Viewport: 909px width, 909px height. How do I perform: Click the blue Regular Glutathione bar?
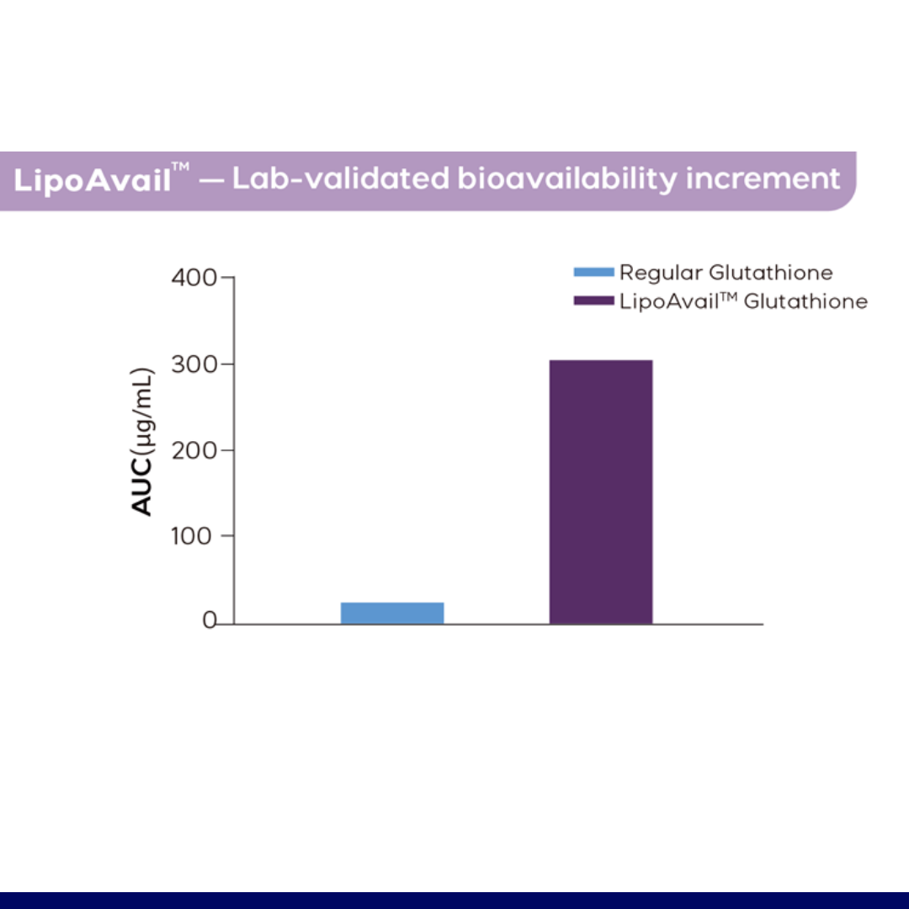click(x=392, y=614)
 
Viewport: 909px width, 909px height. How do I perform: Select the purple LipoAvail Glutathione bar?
click(x=601, y=492)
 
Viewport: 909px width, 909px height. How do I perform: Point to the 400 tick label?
click(x=194, y=278)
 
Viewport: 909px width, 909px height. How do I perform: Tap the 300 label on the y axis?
click(x=194, y=364)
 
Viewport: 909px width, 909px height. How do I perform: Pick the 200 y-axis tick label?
click(x=194, y=449)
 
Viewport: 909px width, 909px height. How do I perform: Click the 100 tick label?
click(x=191, y=535)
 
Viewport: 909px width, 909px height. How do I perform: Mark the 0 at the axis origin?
click(x=210, y=620)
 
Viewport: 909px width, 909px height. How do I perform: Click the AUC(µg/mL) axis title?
click(x=142, y=441)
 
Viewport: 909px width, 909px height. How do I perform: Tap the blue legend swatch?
click(x=593, y=272)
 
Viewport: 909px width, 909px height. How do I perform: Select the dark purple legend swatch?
click(x=593, y=300)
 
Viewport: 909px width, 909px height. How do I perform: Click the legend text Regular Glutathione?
click(x=726, y=273)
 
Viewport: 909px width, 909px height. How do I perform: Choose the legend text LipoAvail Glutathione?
click(x=744, y=301)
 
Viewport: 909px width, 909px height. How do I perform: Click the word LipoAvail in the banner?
click(x=93, y=179)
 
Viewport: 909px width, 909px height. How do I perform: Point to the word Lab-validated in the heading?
click(x=341, y=178)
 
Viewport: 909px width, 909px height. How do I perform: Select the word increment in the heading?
click(x=763, y=178)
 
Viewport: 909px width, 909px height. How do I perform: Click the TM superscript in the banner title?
click(x=181, y=167)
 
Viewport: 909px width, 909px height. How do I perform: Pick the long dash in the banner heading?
click(x=211, y=181)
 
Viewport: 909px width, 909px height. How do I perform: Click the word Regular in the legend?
click(x=661, y=273)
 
